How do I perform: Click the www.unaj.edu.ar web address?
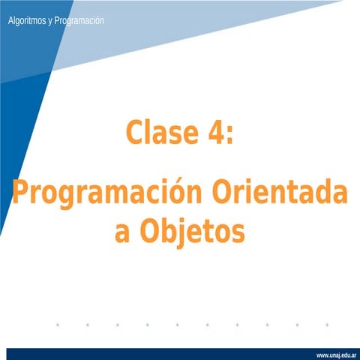(335, 354)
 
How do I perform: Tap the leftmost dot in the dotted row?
(58, 325)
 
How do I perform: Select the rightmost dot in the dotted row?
(328, 325)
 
